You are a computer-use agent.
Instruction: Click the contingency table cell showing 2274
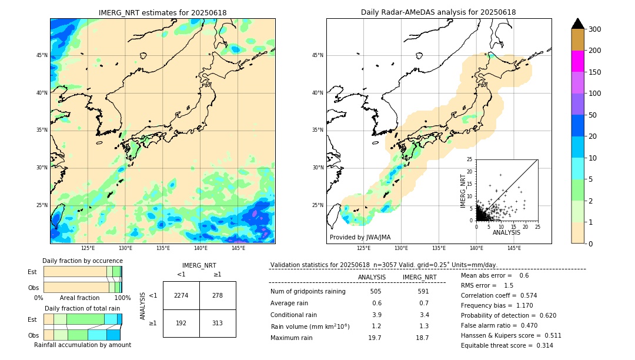181,295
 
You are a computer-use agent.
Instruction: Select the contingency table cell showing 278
218,295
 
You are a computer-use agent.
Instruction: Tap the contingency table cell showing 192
181,323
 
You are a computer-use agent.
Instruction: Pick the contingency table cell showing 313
218,323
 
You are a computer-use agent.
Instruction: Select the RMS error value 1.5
508,285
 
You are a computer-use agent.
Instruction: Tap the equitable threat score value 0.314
540,345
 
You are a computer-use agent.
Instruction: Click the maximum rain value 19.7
375,338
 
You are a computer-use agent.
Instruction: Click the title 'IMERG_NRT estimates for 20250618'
162,12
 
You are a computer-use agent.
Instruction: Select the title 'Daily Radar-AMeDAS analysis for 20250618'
438,12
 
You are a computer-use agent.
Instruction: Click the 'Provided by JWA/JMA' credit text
360,237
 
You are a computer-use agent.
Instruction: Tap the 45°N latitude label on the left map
42,55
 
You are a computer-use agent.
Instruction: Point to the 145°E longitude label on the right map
514,248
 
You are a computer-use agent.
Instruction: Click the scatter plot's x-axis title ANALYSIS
506,232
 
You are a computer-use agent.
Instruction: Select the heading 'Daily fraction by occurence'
82,261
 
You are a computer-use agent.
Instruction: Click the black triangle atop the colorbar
578,24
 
